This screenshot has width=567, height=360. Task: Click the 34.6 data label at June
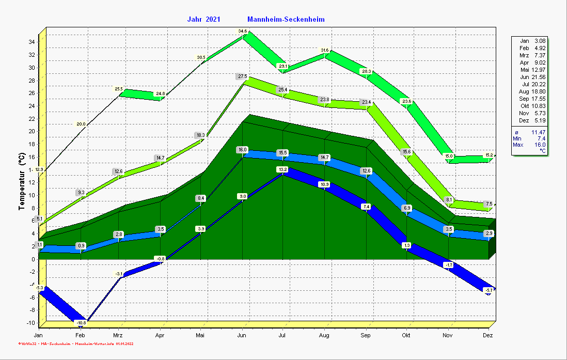click(243, 32)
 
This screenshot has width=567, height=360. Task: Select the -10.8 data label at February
click(81, 323)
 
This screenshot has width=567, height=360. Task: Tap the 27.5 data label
click(242, 76)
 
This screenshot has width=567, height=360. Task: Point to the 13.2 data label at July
click(282, 169)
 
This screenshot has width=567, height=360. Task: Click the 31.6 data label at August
click(325, 50)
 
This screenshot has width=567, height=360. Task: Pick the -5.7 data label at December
click(488, 291)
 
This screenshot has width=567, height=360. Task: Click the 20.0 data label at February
click(81, 124)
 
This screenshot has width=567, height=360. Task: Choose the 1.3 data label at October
click(406, 245)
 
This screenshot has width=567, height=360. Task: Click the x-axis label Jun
click(241, 335)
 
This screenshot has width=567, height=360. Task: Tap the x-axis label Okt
click(406, 335)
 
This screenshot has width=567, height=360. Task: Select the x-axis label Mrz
click(117, 335)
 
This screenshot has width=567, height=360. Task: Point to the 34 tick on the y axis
click(31, 42)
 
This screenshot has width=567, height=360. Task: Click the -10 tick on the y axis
click(30, 323)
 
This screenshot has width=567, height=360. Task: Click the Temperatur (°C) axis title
click(22, 181)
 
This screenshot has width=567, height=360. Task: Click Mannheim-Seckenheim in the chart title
click(286, 20)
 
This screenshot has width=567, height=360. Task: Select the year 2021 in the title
click(213, 20)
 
